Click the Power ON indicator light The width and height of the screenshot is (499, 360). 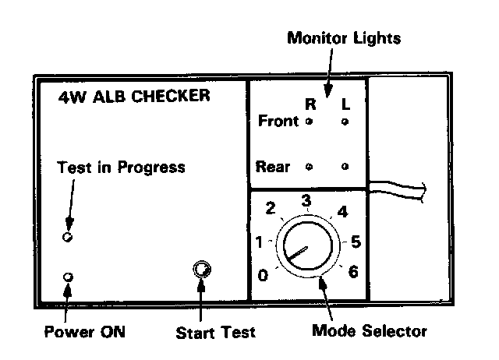click(68, 277)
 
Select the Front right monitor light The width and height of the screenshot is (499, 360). click(310, 122)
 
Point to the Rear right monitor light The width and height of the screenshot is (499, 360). click(310, 167)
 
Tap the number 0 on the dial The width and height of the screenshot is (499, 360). click(263, 275)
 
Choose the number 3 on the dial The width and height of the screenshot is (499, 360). click(306, 202)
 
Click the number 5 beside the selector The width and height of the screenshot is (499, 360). click(356, 242)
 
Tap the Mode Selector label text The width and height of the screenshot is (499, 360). click(369, 331)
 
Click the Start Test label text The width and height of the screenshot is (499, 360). click(215, 333)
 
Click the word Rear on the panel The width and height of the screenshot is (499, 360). click(273, 167)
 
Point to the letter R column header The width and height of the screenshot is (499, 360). click(310, 102)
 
